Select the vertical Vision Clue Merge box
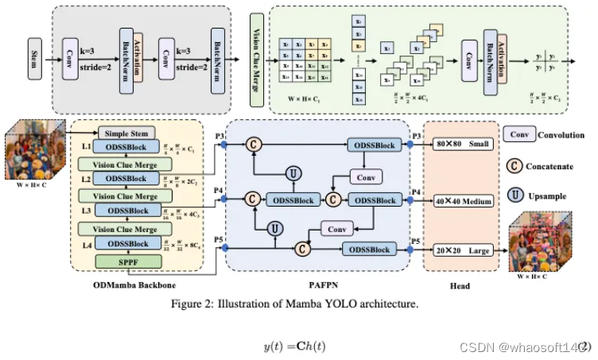point(256,54)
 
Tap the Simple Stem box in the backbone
point(127,133)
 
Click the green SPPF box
point(127,260)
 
